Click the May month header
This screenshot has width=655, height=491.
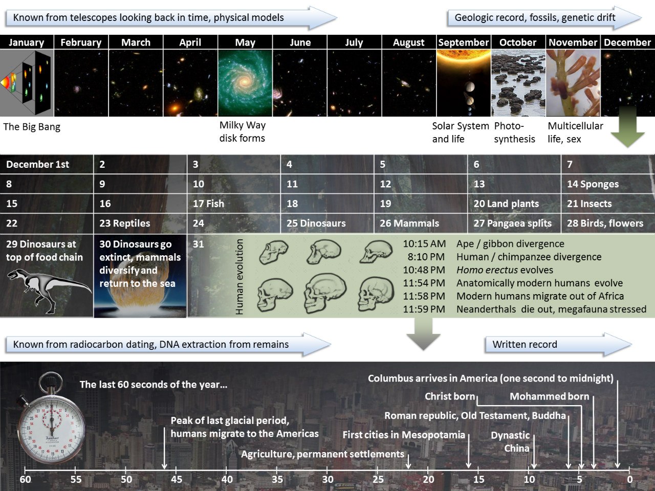245,42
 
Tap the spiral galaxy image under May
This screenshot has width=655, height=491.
245,83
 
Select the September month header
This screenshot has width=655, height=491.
464,42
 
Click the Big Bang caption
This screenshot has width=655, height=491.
32,127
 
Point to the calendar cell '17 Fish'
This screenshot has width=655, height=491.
234,204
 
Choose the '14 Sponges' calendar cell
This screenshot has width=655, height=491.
608,184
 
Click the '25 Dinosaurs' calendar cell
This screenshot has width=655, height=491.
327,224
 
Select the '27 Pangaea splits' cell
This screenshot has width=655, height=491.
514,224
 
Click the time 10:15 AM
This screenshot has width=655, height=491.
424,244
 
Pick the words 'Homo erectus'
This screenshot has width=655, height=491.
487,270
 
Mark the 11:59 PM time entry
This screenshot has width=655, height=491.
424,309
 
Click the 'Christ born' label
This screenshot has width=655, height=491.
450,396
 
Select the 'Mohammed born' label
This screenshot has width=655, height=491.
550,396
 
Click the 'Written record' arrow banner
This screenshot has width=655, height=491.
558,344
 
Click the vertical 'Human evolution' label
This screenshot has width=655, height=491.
239,277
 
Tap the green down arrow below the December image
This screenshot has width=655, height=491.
628,127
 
